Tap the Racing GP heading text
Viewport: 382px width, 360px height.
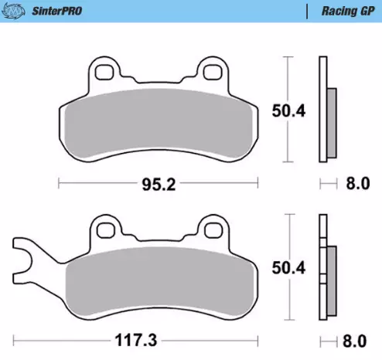tap(341, 12)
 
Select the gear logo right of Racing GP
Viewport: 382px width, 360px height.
tap(372, 12)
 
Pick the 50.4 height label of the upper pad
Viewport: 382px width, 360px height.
tap(288, 110)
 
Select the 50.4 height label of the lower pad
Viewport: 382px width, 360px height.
tap(288, 268)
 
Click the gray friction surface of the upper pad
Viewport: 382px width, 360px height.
tap(159, 124)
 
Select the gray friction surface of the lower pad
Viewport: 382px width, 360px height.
tap(159, 282)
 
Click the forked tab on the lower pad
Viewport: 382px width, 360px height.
tap(27, 258)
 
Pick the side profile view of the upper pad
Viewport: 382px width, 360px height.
tap(326, 110)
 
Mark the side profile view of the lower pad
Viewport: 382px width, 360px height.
tap(326, 268)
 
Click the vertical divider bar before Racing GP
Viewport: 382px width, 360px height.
tap(308, 12)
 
